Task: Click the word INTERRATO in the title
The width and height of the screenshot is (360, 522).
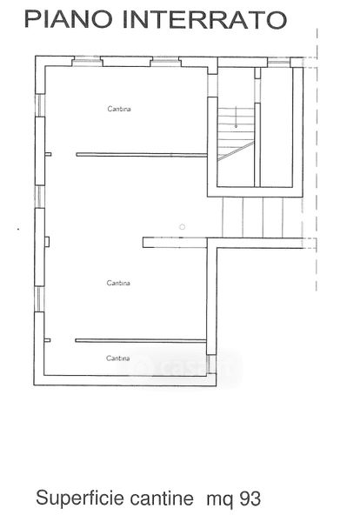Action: click(204, 20)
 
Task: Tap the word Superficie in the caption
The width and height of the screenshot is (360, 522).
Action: click(80, 499)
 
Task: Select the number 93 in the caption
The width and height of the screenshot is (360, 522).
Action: click(250, 499)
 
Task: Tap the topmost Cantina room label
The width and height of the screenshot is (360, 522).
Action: click(119, 109)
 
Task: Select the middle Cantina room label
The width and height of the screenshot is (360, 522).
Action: click(118, 283)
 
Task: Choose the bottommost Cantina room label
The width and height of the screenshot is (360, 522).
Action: click(118, 358)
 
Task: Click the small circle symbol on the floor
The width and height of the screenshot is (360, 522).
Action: click(182, 227)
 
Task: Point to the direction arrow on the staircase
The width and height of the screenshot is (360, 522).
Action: click(236, 117)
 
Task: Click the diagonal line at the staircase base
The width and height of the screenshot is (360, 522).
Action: click(236, 151)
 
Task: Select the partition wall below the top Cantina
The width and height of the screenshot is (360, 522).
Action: click(142, 155)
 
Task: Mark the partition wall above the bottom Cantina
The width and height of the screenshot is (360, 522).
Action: click(141, 340)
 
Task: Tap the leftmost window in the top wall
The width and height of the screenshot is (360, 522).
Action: click(87, 61)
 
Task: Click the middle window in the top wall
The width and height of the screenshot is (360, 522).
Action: click(165, 61)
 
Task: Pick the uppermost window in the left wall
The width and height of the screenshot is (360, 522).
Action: click(40, 105)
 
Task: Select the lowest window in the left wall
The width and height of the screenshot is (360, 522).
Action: click(39, 299)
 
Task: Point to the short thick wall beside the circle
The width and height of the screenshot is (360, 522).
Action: click(176, 243)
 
